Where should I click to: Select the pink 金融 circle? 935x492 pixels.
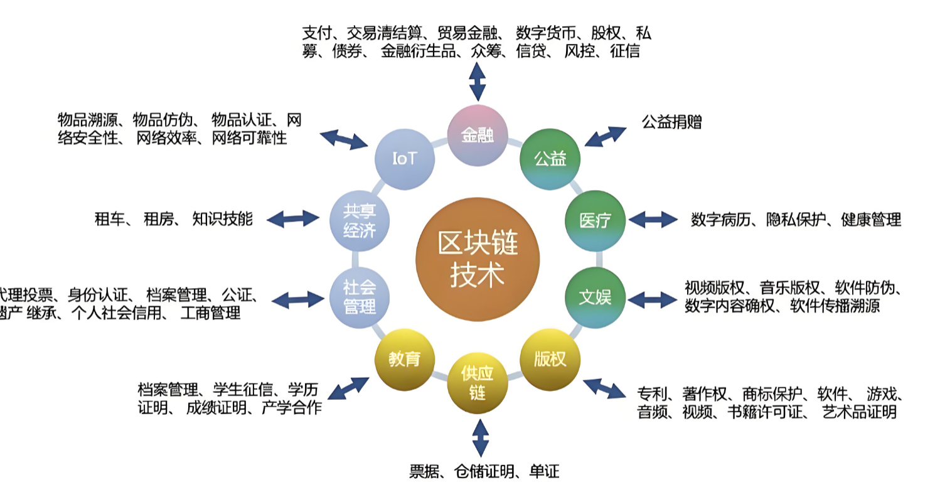point(478,136)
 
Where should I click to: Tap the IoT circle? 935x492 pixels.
point(404,159)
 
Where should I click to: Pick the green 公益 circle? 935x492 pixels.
point(550,159)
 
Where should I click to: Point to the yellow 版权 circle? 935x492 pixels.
point(550,359)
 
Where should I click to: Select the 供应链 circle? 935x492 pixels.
point(478,383)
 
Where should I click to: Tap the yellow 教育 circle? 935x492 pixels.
point(404,359)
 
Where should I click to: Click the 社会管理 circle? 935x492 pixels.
point(360,297)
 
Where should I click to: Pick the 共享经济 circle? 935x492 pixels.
point(360,220)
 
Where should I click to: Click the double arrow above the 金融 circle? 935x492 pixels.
point(478,80)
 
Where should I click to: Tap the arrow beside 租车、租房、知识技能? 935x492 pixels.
point(293,219)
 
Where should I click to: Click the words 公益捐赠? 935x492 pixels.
point(671,121)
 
